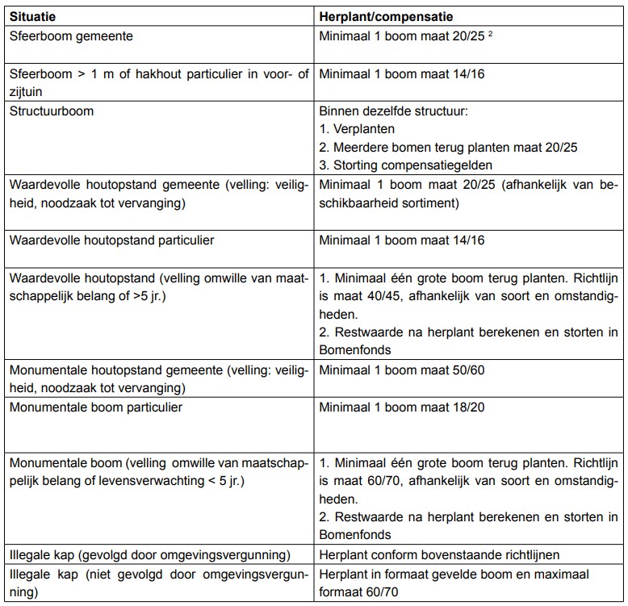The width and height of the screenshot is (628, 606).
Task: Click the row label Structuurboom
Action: [52, 111]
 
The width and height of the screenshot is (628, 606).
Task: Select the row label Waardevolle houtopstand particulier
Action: [111, 240]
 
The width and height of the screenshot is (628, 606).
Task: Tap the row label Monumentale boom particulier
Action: [96, 407]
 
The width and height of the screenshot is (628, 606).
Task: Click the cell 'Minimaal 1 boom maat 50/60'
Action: [401, 370]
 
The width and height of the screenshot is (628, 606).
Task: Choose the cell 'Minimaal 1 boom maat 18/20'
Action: [401, 407]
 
